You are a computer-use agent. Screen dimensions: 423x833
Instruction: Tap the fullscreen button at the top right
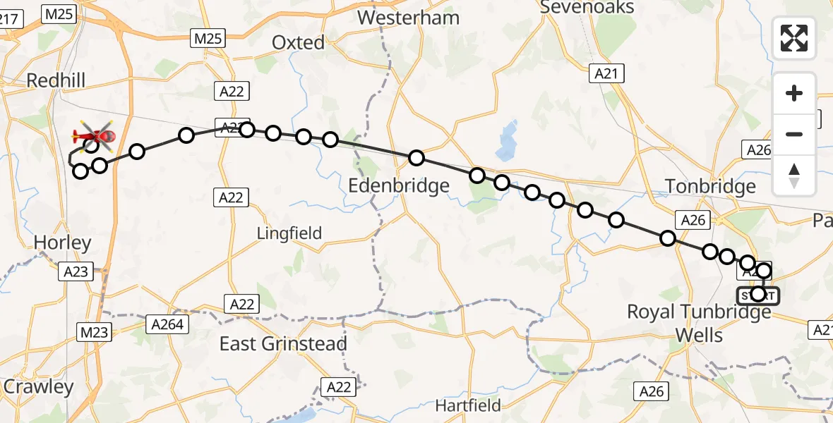pyautogui.click(x=794, y=38)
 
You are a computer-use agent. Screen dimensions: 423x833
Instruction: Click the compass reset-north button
pyautogui.click(x=794, y=176)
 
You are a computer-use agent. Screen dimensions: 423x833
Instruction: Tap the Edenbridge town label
pyautogui.click(x=399, y=186)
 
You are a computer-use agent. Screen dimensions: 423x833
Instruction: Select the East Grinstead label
pyautogui.click(x=283, y=344)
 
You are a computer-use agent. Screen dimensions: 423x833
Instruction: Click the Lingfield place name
pyautogui.click(x=289, y=233)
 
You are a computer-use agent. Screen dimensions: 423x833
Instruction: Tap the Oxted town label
pyautogui.click(x=299, y=43)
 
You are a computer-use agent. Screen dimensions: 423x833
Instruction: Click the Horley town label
pyautogui.click(x=63, y=243)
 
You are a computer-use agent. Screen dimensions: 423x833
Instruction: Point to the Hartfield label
pyautogui.click(x=468, y=405)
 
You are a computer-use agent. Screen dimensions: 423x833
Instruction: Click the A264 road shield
pyautogui.click(x=168, y=324)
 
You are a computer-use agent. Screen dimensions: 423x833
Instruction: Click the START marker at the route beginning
pyautogui.click(x=758, y=295)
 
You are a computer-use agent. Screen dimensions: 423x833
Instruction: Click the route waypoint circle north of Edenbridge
pyautogui.click(x=416, y=157)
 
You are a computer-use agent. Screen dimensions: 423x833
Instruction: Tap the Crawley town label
pyautogui.click(x=38, y=387)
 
